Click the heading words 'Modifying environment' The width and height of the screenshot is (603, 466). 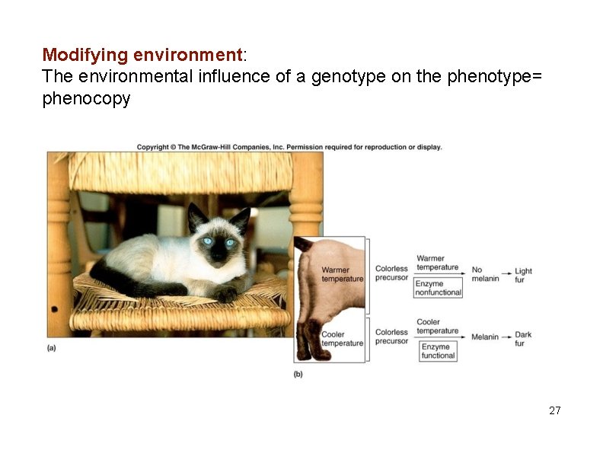(x=142, y=55)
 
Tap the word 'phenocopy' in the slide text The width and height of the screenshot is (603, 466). (x=86, y=98)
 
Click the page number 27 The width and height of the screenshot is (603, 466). (x=554, y=410)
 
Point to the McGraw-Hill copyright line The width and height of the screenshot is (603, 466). (x=289, y=147)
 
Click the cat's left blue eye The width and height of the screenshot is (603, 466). (x=207, y=241)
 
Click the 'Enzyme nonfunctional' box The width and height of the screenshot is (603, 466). (x=438, y=288)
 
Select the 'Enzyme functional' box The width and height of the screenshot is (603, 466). (x=438, y=351)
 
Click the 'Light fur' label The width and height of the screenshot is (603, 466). (x=523, y=275)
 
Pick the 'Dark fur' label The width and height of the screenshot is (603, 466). (x=523, y=339)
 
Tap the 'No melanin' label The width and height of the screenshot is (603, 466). (x=485, y=274)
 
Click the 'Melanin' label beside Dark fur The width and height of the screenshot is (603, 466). (x=484, y=337)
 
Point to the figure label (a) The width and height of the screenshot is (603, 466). (x=52, y=348)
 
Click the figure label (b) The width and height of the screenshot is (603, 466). (x=298, y=374)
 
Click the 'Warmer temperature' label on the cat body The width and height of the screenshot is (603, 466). (x=342, y=274)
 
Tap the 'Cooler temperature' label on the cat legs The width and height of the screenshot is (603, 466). (x=342, y=339)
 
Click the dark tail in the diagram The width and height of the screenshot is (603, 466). (x=304, y=245)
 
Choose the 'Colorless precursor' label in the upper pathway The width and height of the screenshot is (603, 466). (x=391, y=273)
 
